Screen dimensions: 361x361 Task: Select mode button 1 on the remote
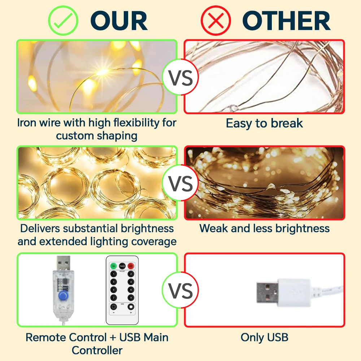pyautogui.click(x=113, y=274)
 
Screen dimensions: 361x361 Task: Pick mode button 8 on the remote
pyautogui.click(x=131, y=298)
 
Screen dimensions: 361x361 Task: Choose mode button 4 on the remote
pyautogui.click(x=131, y=282)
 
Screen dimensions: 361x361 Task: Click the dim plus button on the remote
pyautogui.click(x=131, y=307)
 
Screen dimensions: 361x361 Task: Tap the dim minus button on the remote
pyautogui.click(x=113, y=307)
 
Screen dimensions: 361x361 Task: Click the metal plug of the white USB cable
pyautogui.click(x=268, y=291)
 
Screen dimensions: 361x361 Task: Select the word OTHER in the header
pyautogui.click(x=286, y=21)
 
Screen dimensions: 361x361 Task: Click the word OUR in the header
pyautogui.click(x=119, y=21)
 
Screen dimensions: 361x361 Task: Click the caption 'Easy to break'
pyautogui.click(x=264, y=123)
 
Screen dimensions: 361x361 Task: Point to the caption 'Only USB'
pyautogui.click(x=264, y=338)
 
